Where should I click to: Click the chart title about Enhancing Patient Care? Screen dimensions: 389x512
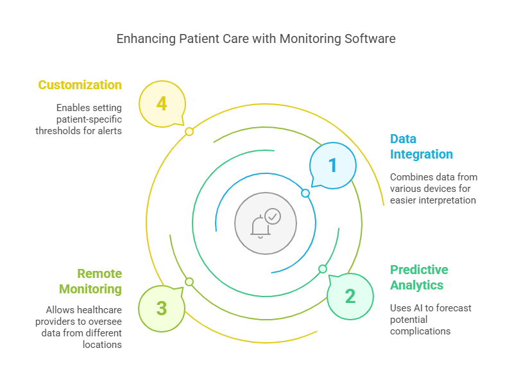coord(255,39)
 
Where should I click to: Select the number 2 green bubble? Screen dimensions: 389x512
coord(350,296)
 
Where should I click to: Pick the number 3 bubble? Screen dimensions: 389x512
coord(162,309)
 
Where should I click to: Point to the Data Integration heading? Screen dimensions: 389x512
coord(422,146)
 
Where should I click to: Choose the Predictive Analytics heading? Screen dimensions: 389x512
coord(419,277)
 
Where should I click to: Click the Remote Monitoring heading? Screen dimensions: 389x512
coord(90,281)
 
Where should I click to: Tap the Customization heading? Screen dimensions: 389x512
coord(80,85)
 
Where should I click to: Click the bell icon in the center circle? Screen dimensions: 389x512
coord(260,227)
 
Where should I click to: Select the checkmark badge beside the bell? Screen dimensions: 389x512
coord(273,216)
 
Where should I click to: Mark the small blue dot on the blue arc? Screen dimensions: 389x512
coord(305,193)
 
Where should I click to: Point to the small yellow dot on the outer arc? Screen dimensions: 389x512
coord(189,132)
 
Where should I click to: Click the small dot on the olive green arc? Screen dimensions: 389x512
coord(189,282)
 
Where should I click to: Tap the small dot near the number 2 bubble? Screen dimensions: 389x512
coord(323,269)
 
